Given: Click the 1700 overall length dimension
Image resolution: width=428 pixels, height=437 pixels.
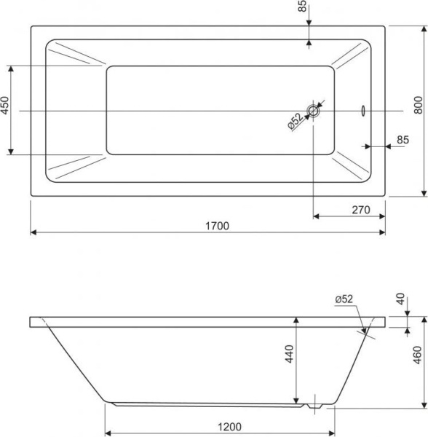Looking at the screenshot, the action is click(217, 226).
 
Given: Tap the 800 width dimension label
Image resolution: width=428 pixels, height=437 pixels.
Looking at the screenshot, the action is click(419, 105).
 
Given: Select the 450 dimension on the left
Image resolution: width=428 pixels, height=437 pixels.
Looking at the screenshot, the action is click(5, 106).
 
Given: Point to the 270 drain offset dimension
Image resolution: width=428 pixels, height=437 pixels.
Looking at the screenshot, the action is click(361, 210).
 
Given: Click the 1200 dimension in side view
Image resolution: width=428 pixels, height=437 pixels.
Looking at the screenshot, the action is click(229, 427).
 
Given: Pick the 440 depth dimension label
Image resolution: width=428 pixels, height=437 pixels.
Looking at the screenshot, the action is click(290, 354).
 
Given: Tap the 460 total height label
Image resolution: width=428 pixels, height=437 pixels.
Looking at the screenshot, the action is click(417, 355).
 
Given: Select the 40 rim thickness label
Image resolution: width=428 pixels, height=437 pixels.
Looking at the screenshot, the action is click(400, 299).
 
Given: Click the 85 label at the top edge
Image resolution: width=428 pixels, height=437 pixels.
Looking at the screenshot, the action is click(302, 6).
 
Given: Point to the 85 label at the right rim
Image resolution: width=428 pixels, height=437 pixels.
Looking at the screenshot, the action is click(403, 140).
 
